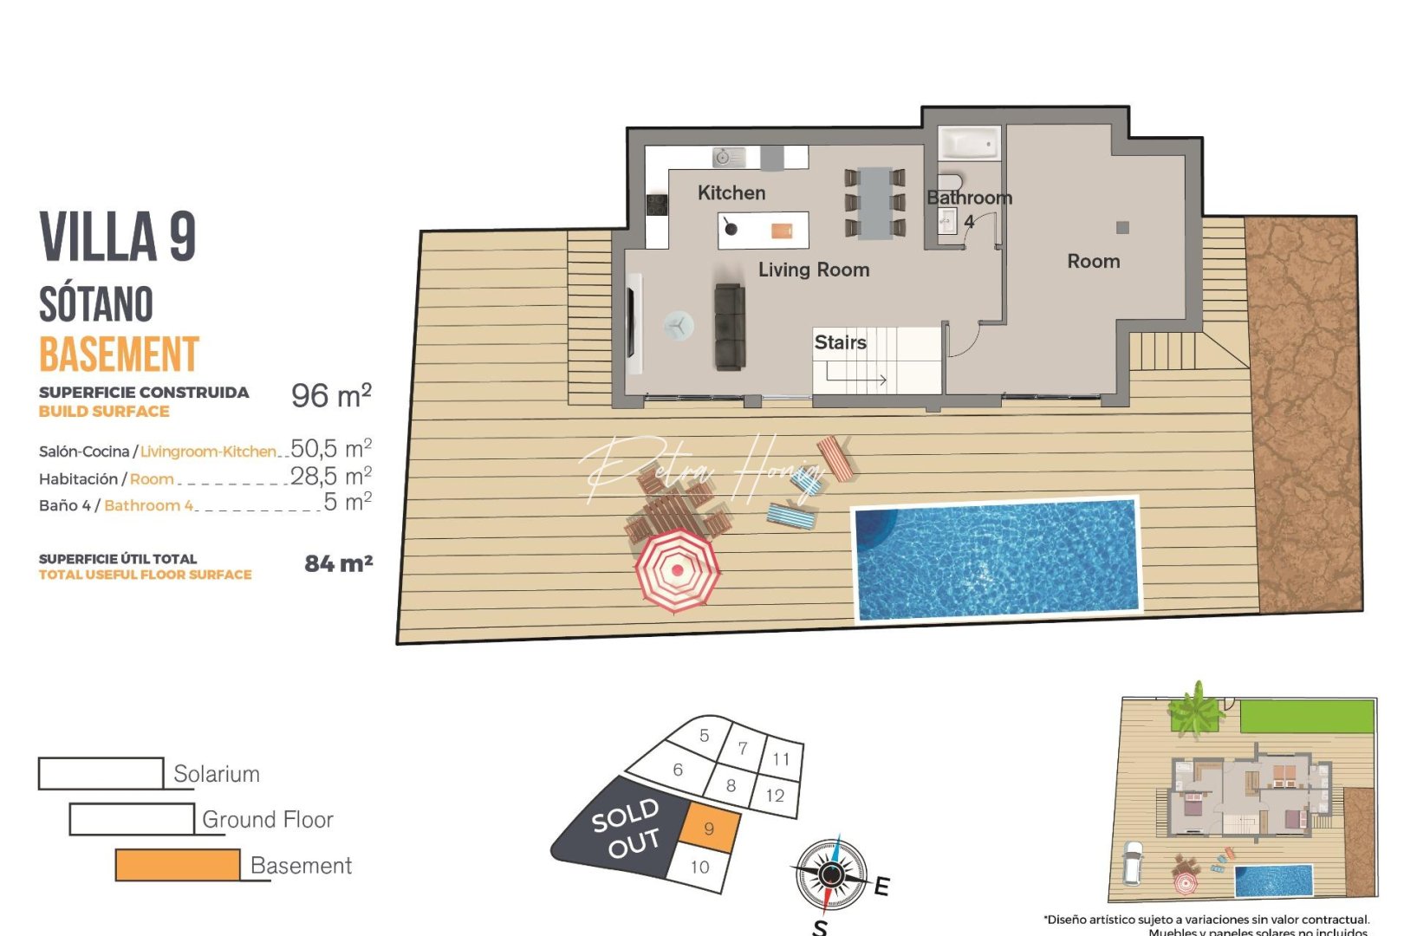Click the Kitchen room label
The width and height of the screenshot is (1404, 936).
731,193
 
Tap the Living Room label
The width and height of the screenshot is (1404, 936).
813,270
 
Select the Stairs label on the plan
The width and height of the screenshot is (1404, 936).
840,342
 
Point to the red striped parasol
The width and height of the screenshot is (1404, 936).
677,569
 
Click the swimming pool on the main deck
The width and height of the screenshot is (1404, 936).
996,559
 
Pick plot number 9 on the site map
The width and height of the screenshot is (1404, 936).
709,829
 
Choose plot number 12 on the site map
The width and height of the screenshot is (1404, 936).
775,796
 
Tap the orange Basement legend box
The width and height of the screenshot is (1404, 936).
178,865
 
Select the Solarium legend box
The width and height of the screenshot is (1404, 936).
101,774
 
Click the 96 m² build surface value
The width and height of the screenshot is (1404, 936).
331,396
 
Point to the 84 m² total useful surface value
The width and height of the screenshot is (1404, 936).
338,564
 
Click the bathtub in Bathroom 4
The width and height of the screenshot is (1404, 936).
970,144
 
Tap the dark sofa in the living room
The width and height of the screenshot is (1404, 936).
730,327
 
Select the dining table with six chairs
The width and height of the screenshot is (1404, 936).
875,203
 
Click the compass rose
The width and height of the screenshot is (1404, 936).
831,874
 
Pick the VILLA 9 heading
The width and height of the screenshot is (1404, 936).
118,237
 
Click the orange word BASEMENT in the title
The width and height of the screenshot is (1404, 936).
120,354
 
